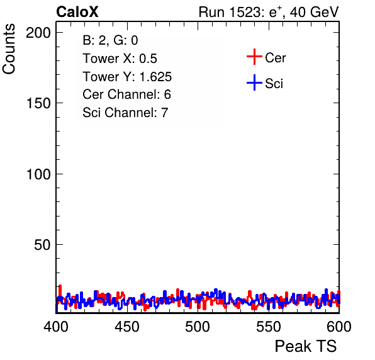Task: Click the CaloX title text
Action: point(77,12)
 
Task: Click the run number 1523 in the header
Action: point(245,12)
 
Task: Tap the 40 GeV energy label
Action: point(315,12)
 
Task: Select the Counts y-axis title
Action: point(9,49)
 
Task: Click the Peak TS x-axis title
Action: point(306,346)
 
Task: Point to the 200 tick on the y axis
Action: point(38,33)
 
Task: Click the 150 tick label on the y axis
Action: point(38,103)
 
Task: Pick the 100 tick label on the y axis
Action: point(38,174)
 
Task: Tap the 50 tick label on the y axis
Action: point(42,245)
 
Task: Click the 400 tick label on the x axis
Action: point(56,327)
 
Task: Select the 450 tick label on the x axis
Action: point(126,327)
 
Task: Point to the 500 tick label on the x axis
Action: point(198,327)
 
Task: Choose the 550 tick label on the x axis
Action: point(268,327)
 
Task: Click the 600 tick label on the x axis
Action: point(339,327)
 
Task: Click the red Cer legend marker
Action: point(254,57)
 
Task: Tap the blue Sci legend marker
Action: point(254,83)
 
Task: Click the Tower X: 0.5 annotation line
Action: point(120,59)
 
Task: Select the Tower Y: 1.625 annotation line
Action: point(127,77)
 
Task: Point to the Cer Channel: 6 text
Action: point(126,94)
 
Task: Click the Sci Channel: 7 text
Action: point(125,113)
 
